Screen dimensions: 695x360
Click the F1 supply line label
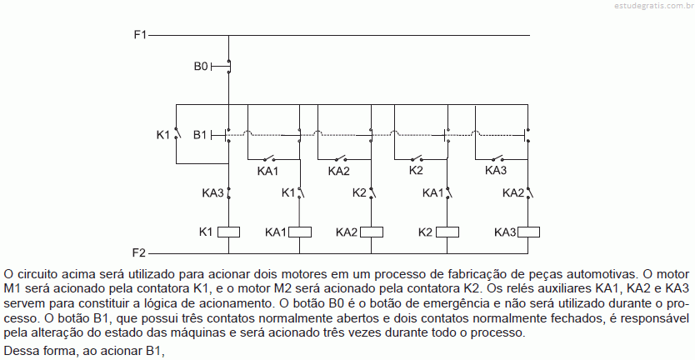(x=140, y=34)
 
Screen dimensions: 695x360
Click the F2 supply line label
(x=139, y=253)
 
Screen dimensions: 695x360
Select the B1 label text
(x=200, y=135)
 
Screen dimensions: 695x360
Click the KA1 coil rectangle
(x=300, y=232)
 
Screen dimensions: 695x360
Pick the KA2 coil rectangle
(x=372, y=232)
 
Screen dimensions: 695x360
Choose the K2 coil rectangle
(x=447, y=232)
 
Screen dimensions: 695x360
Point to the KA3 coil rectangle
(x=528, y=232)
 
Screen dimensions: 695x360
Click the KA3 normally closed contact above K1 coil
(x=228, y=192)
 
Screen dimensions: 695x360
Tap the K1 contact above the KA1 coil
(x=301, y=192)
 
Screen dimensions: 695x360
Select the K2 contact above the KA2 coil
(x=372, y=192)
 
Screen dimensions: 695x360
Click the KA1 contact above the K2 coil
(x=448, y=192)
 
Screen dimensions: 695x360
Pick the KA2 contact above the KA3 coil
(x=529, y=192)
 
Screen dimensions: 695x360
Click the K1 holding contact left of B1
(x=177, y=133)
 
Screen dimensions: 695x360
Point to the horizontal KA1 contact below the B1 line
(x=268, y=158)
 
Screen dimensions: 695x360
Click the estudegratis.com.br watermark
(x=654, y=5)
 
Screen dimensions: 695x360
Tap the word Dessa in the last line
(x=18, y=351)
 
